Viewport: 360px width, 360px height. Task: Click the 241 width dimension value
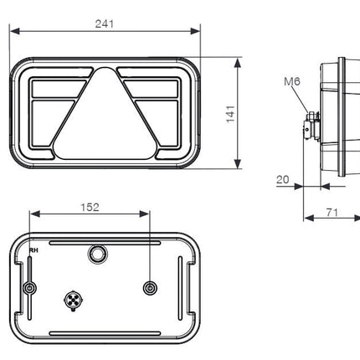point(105,24)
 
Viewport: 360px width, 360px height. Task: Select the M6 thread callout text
point(291,81)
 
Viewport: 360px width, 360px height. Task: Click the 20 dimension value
point(282,179)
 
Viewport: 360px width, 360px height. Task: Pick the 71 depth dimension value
point(331,213)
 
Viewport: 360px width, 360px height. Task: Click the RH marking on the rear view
point(33,249)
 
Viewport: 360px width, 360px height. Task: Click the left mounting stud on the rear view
point(30,288)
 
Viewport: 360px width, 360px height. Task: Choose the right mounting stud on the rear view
point(150,288)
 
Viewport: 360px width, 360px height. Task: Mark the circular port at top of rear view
point(97,253)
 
